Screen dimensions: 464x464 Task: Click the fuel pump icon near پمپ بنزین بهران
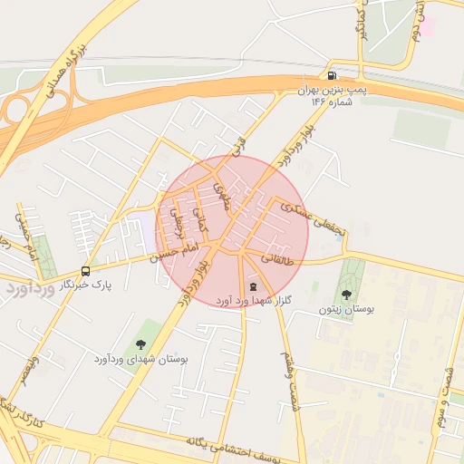coord(333,76)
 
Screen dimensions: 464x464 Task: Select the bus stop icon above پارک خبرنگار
coord(86,271)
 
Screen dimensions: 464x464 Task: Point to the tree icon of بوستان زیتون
coord(346,294)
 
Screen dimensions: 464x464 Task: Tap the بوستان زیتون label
coord(346,309)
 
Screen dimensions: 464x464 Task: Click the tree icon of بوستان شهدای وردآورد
coord(140,343)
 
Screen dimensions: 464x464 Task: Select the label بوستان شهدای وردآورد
coord(140,360)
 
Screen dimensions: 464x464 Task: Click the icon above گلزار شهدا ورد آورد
coord(252,286)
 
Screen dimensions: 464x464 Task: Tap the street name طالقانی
coord(277,258)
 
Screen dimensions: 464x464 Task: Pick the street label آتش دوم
coord(419,19)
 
